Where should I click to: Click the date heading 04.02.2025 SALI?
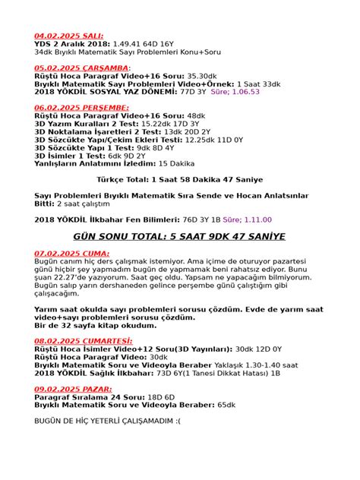pos(69,35)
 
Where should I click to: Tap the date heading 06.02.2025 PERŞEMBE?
pos(81,108)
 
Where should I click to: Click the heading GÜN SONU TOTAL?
pos(179,237)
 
